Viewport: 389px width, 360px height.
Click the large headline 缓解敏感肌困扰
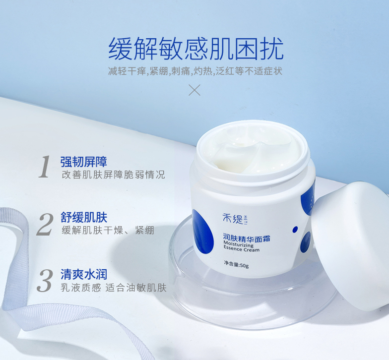[195, 49]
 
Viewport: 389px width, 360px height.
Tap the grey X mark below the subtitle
[194, 90]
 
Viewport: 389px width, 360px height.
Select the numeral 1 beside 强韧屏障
[45, 167]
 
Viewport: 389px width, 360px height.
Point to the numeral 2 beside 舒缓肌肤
[45, 224]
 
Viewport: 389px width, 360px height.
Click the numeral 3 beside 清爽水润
[45, 281]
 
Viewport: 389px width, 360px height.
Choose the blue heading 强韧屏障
[84, 162]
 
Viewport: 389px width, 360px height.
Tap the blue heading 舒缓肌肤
[84, 217]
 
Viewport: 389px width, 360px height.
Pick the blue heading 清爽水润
[84, 275]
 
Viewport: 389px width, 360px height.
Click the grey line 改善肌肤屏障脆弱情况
[113, 175]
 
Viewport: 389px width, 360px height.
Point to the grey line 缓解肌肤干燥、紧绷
[108, 230]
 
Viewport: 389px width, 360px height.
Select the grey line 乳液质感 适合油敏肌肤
[113, 288]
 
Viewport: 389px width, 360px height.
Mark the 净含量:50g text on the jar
[236, 264]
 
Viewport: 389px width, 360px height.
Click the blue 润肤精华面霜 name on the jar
[246, 238]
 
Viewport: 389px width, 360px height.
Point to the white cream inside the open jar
[253, 151]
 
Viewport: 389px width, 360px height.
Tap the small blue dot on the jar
[295, 230]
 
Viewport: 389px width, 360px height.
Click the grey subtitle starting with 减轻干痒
[195, 71]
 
